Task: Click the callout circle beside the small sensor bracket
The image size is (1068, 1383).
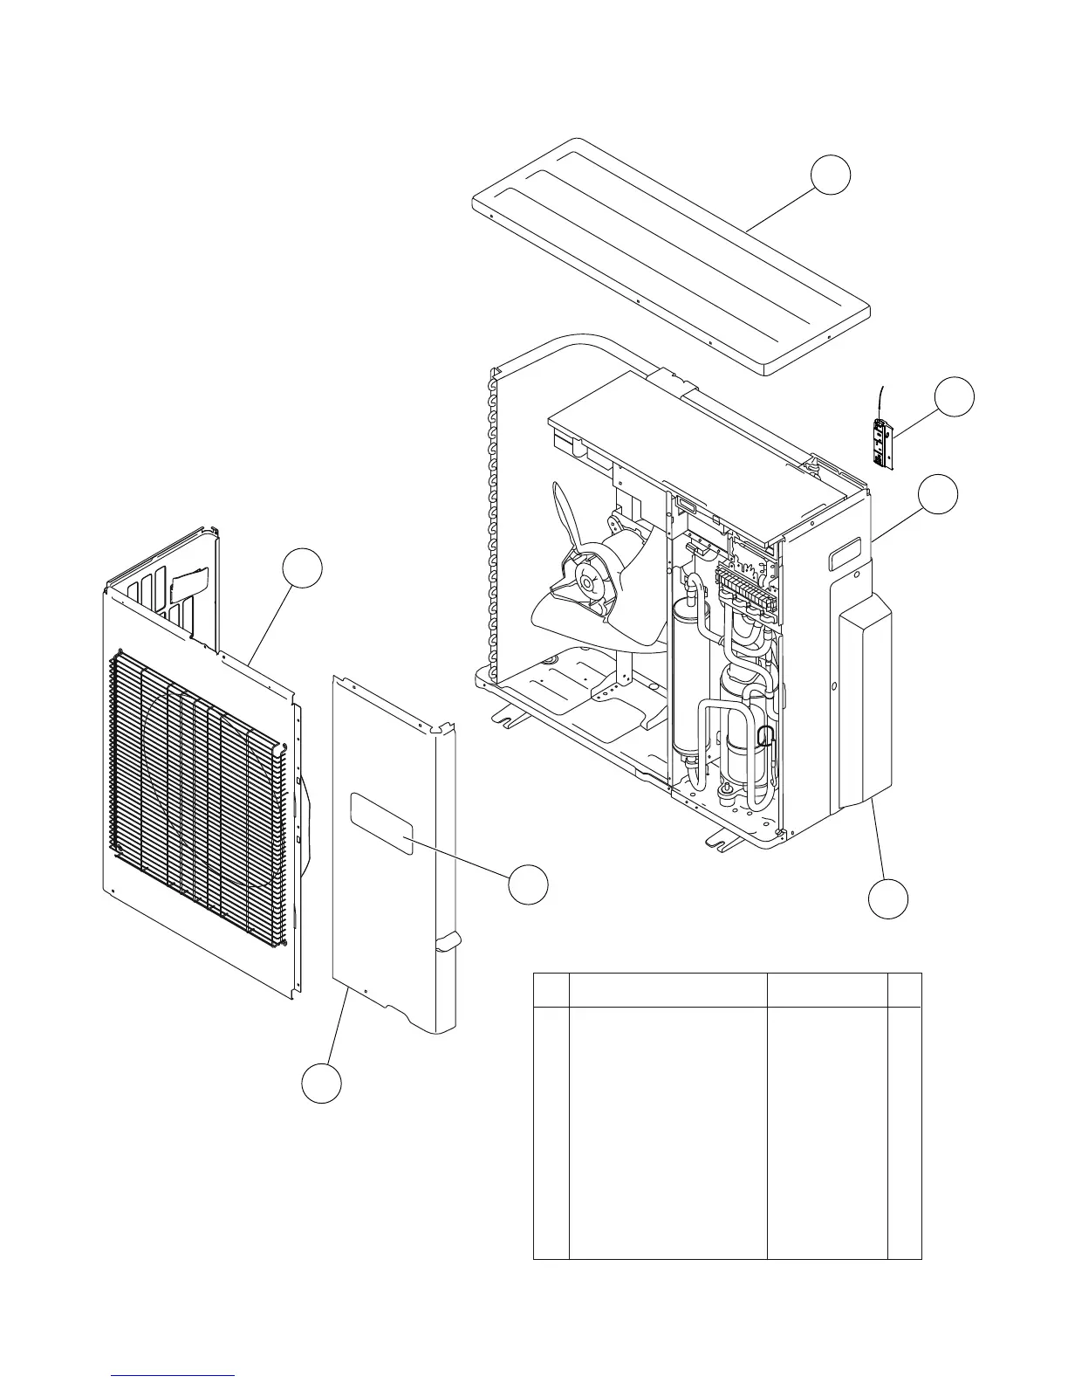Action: point(955,397)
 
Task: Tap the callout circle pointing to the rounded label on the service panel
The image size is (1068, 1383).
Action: point(529,884)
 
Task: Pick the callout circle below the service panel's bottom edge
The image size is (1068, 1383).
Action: point(321,1083)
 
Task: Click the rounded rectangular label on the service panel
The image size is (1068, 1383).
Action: point(381,823)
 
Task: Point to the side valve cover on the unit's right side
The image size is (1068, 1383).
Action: point(864,707)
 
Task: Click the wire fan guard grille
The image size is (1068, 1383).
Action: point(199,799)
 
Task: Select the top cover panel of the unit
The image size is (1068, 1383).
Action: point(670,258)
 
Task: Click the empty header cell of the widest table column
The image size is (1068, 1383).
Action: point(667,989)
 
